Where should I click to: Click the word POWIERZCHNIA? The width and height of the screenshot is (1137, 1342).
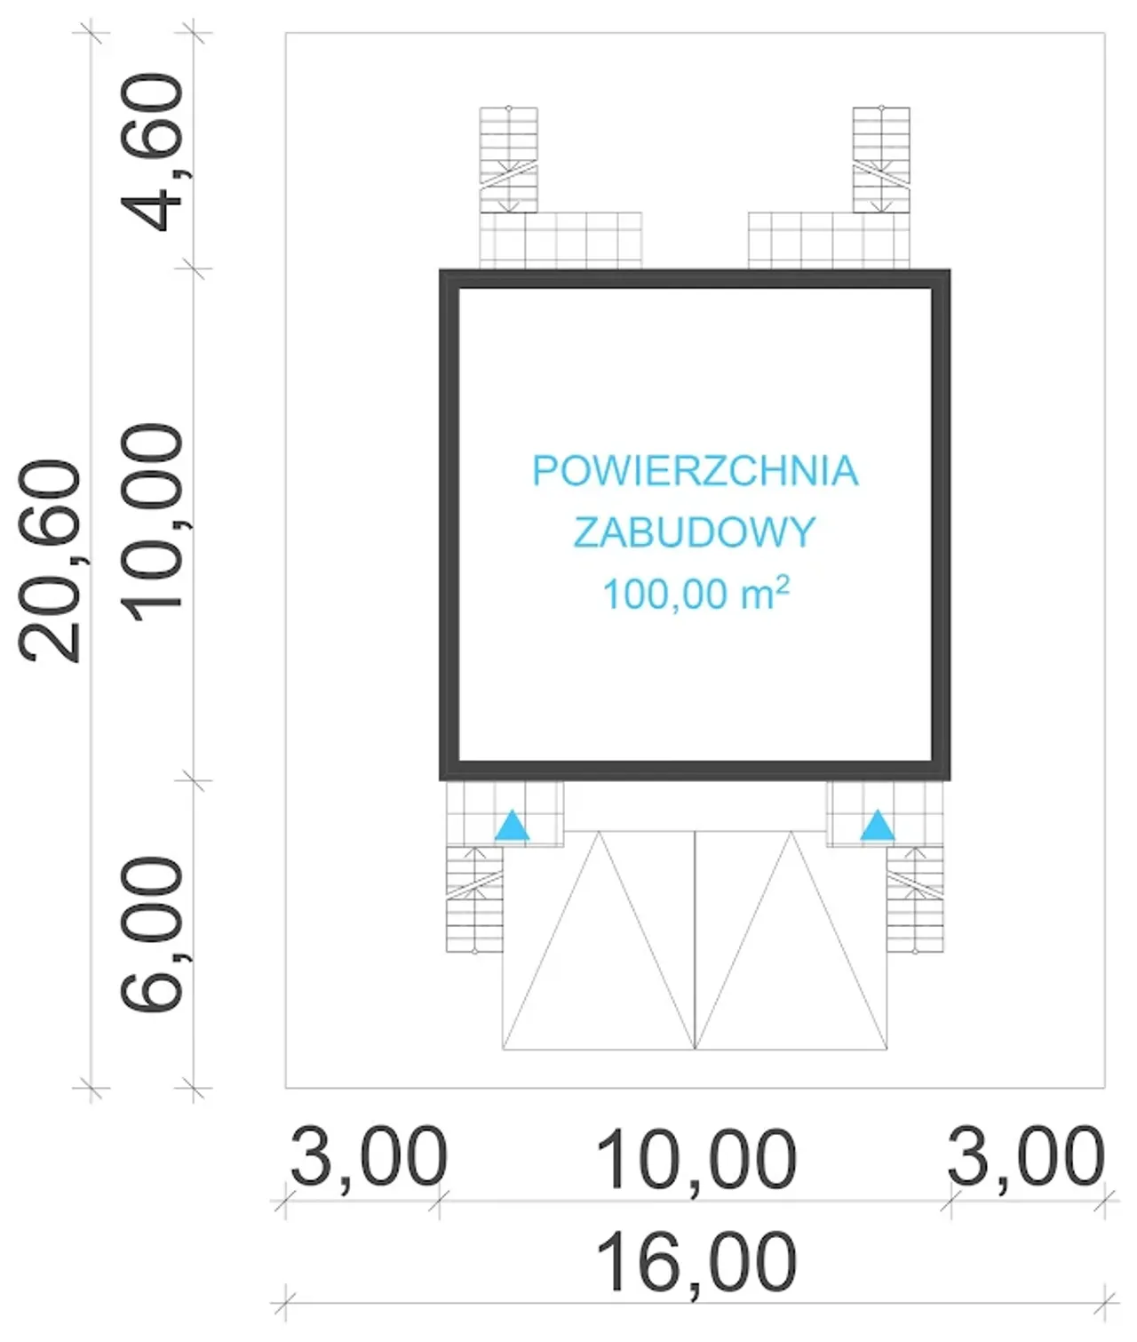(x=695, y=471)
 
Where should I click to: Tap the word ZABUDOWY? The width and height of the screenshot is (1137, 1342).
(x=695, y=532)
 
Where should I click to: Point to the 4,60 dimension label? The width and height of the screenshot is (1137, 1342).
(x=153, y=152)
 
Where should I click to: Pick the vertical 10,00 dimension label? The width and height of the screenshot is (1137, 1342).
(x=153, y=523)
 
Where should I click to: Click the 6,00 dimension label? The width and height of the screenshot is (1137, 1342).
(x=153, y=934)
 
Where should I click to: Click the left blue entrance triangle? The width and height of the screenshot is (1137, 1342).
(x=512, y=825)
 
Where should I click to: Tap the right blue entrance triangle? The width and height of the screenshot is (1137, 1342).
(x=878, y=825)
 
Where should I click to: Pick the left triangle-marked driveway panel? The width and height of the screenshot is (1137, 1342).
(x=599, y=940)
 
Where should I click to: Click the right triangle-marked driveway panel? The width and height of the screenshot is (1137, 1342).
(x=791, y=940)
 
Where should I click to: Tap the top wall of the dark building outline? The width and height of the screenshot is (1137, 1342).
(x=695, y=279)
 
